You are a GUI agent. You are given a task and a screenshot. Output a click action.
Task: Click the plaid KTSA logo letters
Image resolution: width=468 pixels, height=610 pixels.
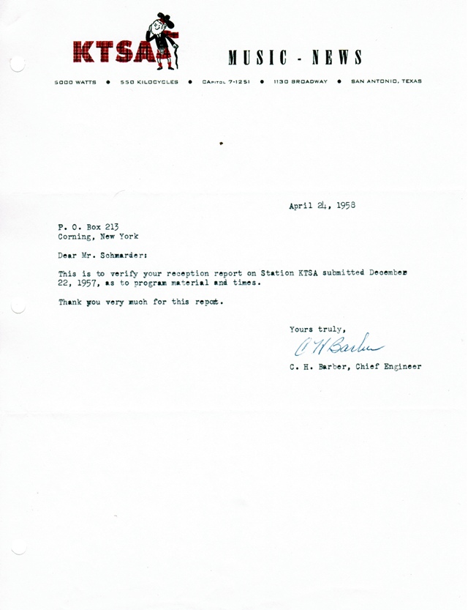[117, 52]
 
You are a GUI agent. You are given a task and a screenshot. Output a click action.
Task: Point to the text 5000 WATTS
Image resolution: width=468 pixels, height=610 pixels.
[75, 82]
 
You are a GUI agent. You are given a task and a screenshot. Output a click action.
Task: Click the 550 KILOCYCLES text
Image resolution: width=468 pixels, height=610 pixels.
[149, 82]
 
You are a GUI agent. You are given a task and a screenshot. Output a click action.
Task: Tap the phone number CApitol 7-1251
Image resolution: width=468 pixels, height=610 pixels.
[226, 82]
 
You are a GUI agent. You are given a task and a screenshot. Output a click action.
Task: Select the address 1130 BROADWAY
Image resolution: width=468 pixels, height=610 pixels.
[301, 82]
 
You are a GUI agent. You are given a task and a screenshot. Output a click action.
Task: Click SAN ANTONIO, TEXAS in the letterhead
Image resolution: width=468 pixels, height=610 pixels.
[386, 81]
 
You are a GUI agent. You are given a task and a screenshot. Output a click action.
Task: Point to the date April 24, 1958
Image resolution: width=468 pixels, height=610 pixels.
[322, 206]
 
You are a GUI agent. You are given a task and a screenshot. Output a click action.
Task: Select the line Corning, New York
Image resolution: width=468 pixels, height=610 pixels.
[98, 237]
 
